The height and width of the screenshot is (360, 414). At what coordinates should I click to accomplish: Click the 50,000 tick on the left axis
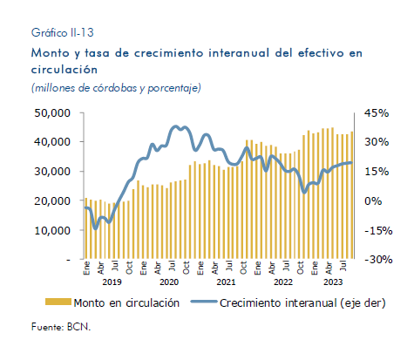click(x=52, y=113)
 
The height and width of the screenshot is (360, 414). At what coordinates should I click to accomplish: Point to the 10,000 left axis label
click(x=52, y=230)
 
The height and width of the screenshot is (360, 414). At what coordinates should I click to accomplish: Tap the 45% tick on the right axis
click(x=377, y=113)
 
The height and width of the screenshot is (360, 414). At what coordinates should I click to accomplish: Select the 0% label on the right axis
click(x=373, y=200)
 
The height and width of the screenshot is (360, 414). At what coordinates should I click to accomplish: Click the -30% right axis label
click(x=378, y=260)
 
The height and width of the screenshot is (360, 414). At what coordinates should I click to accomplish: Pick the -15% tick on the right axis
click(x=378, y=231)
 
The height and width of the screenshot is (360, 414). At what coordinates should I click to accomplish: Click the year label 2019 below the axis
click(x=112, y=282)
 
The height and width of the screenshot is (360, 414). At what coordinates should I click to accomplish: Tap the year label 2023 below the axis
click(x=333, y=282)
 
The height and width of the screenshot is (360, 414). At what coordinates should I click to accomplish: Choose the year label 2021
click(x=226, y=282)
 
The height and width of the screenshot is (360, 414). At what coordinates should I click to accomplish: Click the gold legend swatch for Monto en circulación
click(x=58, y=302)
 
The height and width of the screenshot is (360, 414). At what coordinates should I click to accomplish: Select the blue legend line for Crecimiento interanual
click(x=204, y=302)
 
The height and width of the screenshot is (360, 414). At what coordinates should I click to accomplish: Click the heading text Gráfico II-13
click(x=63, y=32)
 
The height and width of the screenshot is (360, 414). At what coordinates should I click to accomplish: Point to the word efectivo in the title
click(x=321, y=53)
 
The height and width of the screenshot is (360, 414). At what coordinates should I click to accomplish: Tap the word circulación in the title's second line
click(x=64, y=70)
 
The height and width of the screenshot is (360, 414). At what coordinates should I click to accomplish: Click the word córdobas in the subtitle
click(x=115, y=88)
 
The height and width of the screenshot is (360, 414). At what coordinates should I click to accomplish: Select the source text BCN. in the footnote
click(x=78, y=327)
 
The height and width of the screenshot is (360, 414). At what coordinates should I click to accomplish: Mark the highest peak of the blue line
click(x=175, y=126)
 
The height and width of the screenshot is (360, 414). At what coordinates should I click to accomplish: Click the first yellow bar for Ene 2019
click(x=85, y=228)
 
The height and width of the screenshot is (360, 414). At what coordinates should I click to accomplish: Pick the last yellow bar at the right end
click(x=352, y=195)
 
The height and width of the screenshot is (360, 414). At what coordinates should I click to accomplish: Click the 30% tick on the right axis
click(x=377, y=142)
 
